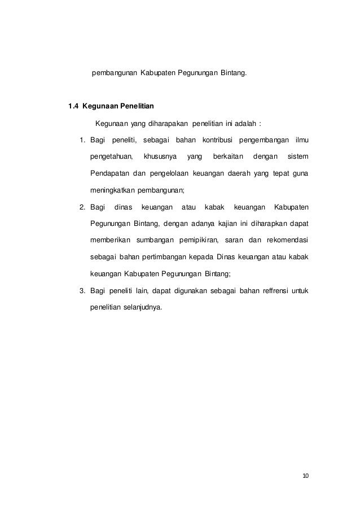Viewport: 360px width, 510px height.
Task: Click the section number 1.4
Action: pos(73,106)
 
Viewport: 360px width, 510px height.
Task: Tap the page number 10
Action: pos(306,476)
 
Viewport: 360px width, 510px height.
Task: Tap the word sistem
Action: pos(297,156)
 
